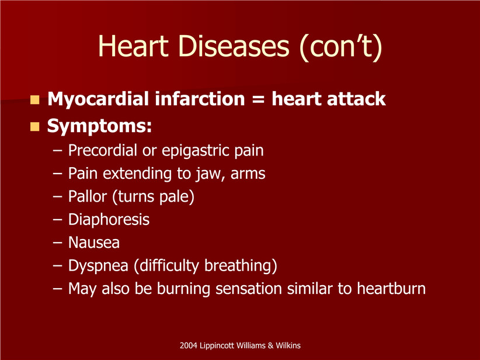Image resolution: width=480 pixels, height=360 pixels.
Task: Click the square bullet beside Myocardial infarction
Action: click(x=35, y=100)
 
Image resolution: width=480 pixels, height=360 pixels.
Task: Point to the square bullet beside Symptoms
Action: click(x=35, y=127)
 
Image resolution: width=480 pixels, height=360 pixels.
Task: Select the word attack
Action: click(x=356, y=99)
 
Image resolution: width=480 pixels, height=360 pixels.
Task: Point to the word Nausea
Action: click(x=93, y=243)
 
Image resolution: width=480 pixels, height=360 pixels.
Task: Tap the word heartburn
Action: click(x=391, y=289)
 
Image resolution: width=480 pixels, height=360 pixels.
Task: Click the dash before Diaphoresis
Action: click(x=58, y=220)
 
